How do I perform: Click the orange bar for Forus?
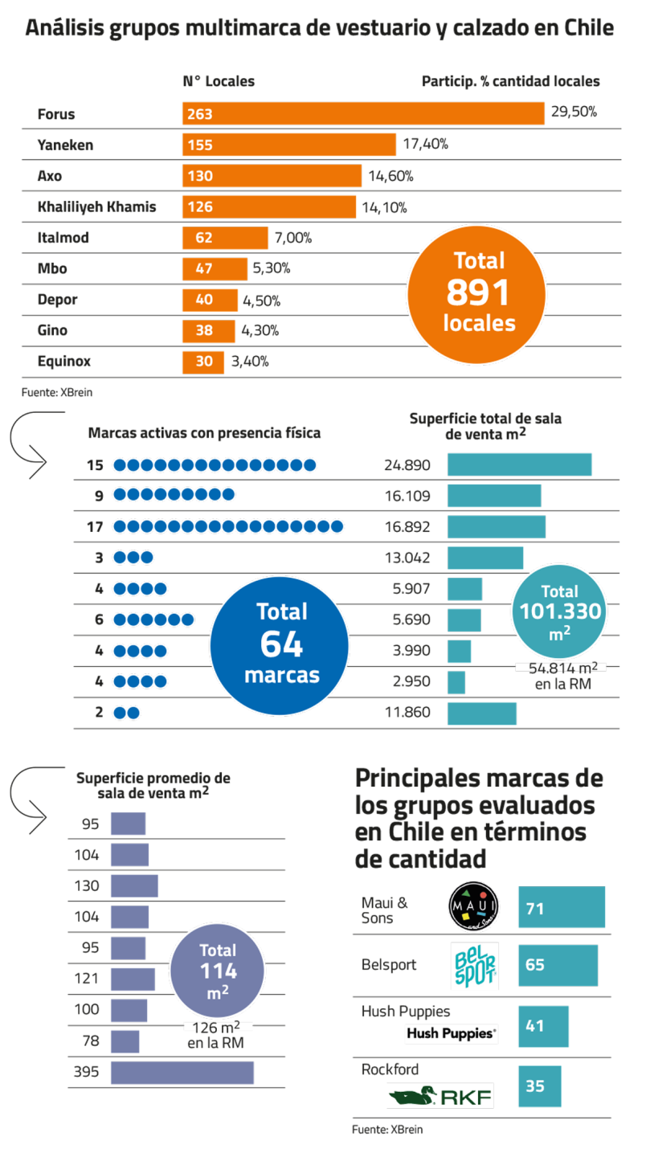[363, 113]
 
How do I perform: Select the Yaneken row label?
[65, 145]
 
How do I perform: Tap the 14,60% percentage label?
[391, 176]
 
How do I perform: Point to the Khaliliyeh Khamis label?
[96, 207]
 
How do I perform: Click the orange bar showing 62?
[225, 238]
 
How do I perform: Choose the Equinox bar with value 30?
[203, 362]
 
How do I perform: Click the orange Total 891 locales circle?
[476, 295]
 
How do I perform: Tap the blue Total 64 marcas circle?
[280, 646]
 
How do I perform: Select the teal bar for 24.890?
[520, 464]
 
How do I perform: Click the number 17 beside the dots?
[95, 527]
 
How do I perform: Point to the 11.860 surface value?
[407, 712]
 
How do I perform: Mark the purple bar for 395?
[182, 1073]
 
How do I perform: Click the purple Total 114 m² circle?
[218, 971]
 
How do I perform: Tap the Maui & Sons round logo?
[473, 906]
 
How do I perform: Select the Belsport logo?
[475, 966]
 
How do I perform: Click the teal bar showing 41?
[543, 1026]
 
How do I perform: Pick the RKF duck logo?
[441, 1096]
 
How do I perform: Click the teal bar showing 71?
[562, 907]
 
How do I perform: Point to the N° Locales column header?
[219, 81]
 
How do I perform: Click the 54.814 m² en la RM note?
[563, 677]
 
